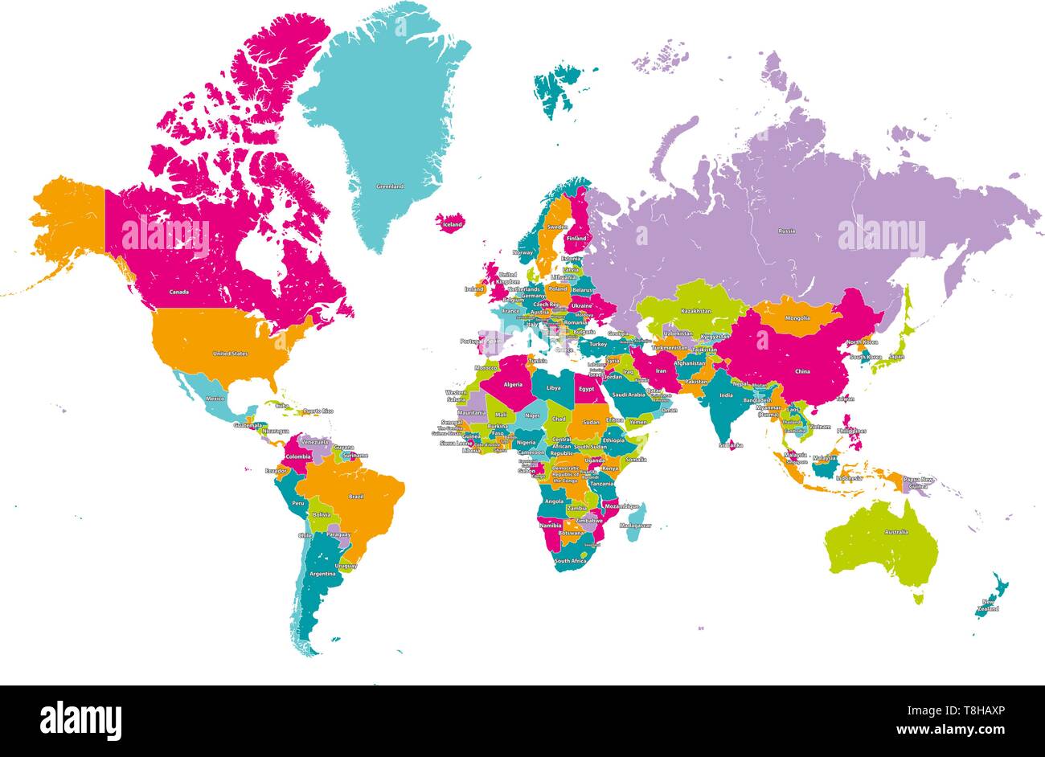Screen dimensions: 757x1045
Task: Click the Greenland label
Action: (x=390, y=186)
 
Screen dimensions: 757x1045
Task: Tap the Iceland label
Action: (x=453, y=225)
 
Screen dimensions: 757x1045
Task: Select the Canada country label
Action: (x=179, y=292)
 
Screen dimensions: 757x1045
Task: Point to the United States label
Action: (x=230, y=354)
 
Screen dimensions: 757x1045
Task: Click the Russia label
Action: (x=786, y=231)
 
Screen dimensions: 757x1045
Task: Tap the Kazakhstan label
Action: (x=695, y=310)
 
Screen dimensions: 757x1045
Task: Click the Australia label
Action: (x=896, y=532)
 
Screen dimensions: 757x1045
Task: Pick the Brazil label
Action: (x=355, y=497)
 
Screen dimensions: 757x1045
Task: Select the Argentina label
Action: (x=322, y=574)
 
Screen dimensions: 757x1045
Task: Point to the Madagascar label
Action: (x=635, y=526)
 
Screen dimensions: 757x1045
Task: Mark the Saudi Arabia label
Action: (x=628, y=395)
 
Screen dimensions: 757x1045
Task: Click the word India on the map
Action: (x=726, y=395)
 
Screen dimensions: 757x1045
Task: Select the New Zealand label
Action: (x=988, y=605)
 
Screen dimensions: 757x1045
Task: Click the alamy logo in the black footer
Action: (x=80, y=720)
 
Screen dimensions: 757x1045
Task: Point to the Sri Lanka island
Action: (x=731, y=444)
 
